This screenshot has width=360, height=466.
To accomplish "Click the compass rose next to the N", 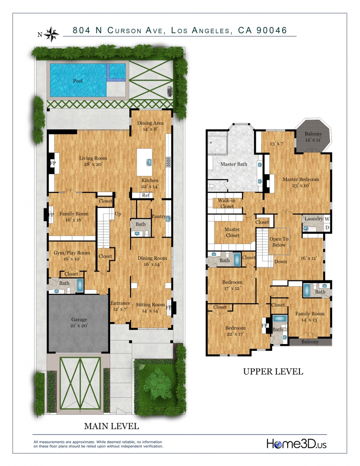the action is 52,34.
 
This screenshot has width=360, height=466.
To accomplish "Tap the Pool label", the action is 78,81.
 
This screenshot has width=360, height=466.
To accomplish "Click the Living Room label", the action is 93,161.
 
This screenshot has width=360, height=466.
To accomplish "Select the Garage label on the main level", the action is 79,323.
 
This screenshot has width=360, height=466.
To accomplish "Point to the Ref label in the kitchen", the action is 146,195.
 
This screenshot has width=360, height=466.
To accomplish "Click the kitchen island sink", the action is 149,162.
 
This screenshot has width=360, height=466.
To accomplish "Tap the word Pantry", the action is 158,216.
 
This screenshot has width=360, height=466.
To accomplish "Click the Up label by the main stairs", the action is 118,214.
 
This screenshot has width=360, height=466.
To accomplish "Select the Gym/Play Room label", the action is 71,256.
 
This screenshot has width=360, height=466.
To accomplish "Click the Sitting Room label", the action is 151,308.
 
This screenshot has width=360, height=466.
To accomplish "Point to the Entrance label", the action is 121,306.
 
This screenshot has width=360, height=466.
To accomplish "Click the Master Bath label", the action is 233,164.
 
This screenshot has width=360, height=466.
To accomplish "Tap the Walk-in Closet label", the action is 227,203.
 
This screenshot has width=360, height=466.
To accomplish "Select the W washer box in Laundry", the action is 327,219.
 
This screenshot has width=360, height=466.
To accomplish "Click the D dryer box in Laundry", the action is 327,228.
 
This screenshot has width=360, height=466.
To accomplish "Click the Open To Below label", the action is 279,242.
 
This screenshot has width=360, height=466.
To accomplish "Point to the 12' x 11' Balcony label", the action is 313,137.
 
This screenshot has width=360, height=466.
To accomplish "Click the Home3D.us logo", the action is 296,444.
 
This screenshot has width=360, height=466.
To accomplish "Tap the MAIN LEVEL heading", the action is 112,426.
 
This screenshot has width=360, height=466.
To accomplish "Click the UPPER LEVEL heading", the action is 273,371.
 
